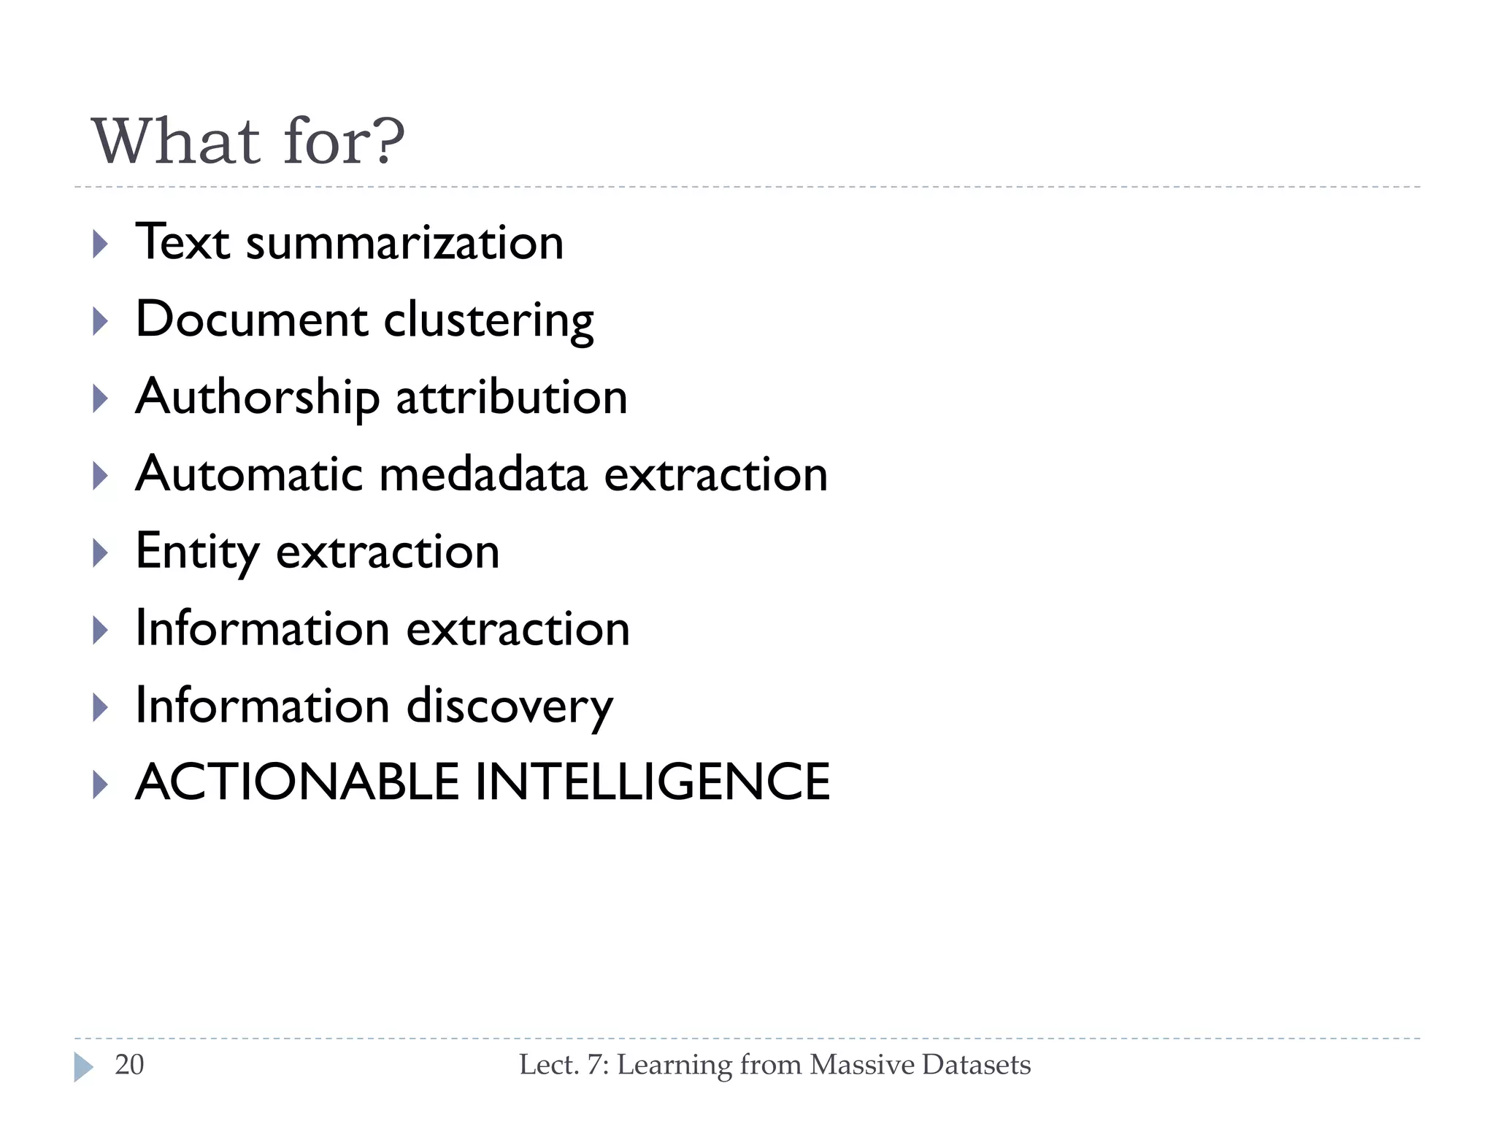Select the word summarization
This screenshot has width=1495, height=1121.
point(404,243)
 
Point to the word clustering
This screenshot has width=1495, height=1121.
point(488,322)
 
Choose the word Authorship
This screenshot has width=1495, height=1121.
point(258,398)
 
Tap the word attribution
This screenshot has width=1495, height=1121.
point(512,398)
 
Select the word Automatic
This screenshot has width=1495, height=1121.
point(249,474)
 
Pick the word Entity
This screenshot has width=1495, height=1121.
point(197,552)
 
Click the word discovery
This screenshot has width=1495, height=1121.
point(510,706)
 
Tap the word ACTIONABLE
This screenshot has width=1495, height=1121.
point(297,782)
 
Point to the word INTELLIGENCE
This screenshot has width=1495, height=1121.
point(653,782)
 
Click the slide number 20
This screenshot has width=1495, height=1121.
point(129,1065)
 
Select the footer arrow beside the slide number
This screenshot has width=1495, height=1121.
point(83,1067)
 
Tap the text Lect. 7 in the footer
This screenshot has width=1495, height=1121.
point(563,1065)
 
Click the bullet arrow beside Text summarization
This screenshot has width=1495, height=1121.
point(101,244)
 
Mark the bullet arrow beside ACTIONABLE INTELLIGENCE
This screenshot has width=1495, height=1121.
point(101,785)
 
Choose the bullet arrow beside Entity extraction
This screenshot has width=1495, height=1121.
point(101,553)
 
